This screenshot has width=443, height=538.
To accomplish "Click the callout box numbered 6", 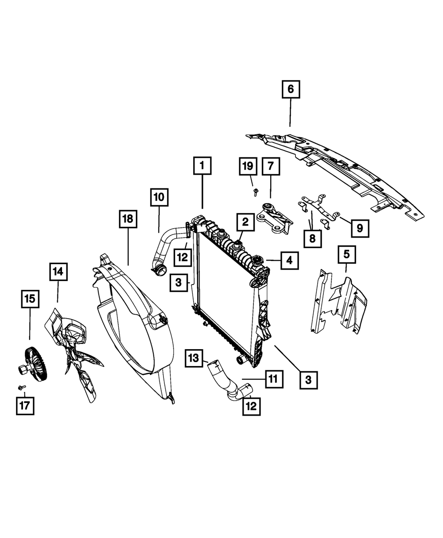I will click(x=291, y=90).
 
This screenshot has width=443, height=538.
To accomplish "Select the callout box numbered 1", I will click(x=202, y=166).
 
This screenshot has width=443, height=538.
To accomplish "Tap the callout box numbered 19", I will click(x=248, y=166).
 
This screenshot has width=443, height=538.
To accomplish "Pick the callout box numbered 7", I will click(x=270, y=166).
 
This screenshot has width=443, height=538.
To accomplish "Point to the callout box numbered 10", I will click(x=159, y=198).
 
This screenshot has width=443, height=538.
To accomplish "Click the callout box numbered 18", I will click(x=128, y=219).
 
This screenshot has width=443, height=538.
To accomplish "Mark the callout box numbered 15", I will click(x=30, y=299).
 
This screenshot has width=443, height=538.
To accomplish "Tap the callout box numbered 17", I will click(x=25, y=405).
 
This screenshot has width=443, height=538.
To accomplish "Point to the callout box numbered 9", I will click(x=360, y=228).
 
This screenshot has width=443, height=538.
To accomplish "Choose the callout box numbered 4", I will click(x=289, y=261).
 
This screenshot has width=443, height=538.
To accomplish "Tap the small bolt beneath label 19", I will click(x=255, y=192).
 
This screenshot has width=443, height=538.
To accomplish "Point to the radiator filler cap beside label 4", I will click(x=257, y=261).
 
